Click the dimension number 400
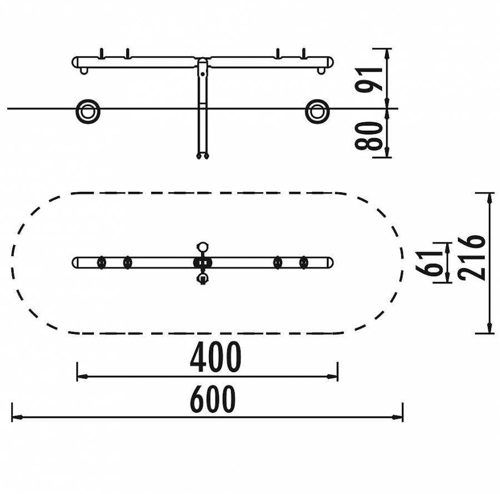tap(215, 357)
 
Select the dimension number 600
tap(213, 399)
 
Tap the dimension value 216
tap(471, 258)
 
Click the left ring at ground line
tap(88, 112)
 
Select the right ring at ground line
tap(317, 112)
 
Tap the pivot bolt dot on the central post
tap(202, 74)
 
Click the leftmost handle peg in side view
tap(102, 53)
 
